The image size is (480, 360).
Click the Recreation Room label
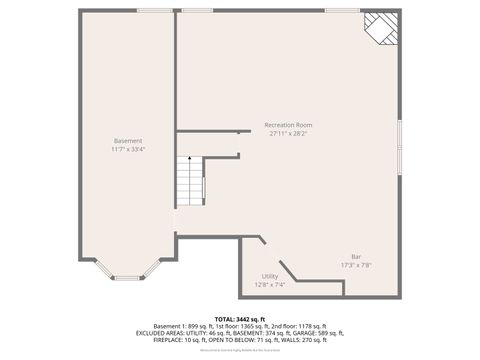289,125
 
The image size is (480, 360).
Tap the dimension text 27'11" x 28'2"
289,133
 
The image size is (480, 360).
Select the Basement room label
128,141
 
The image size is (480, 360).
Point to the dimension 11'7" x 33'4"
128,150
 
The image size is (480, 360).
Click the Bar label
356,257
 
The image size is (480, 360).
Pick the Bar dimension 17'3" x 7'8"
356,265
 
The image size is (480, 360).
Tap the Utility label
270,276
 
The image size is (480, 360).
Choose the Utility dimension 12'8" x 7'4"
270,284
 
